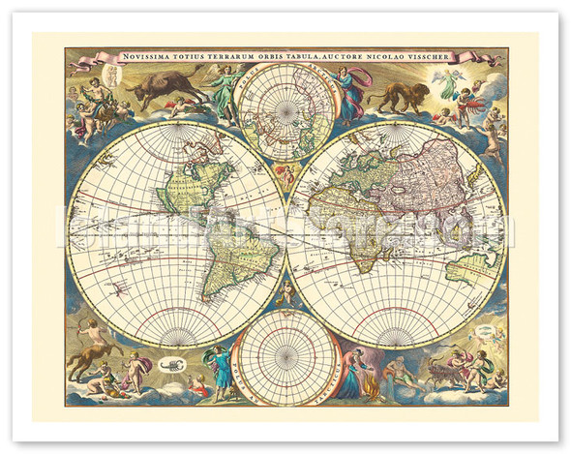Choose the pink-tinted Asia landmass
(427, 174)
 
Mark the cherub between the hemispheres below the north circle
(285, 175)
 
